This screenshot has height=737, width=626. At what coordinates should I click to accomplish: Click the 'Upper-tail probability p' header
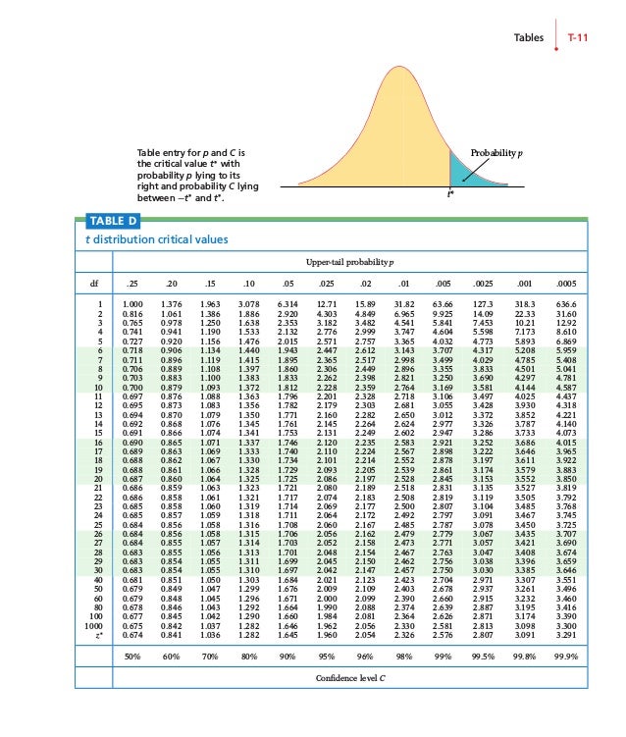(x=349, y=263)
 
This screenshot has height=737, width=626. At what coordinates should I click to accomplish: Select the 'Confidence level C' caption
(x=349, y=678)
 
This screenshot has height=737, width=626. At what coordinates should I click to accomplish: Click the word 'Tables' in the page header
(x=530, y=37)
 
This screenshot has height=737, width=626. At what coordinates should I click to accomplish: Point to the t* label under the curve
(x=450, y=193)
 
